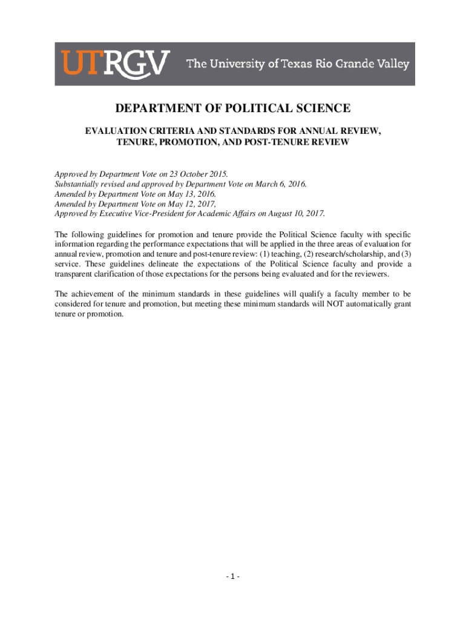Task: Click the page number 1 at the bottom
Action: [233, 576]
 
